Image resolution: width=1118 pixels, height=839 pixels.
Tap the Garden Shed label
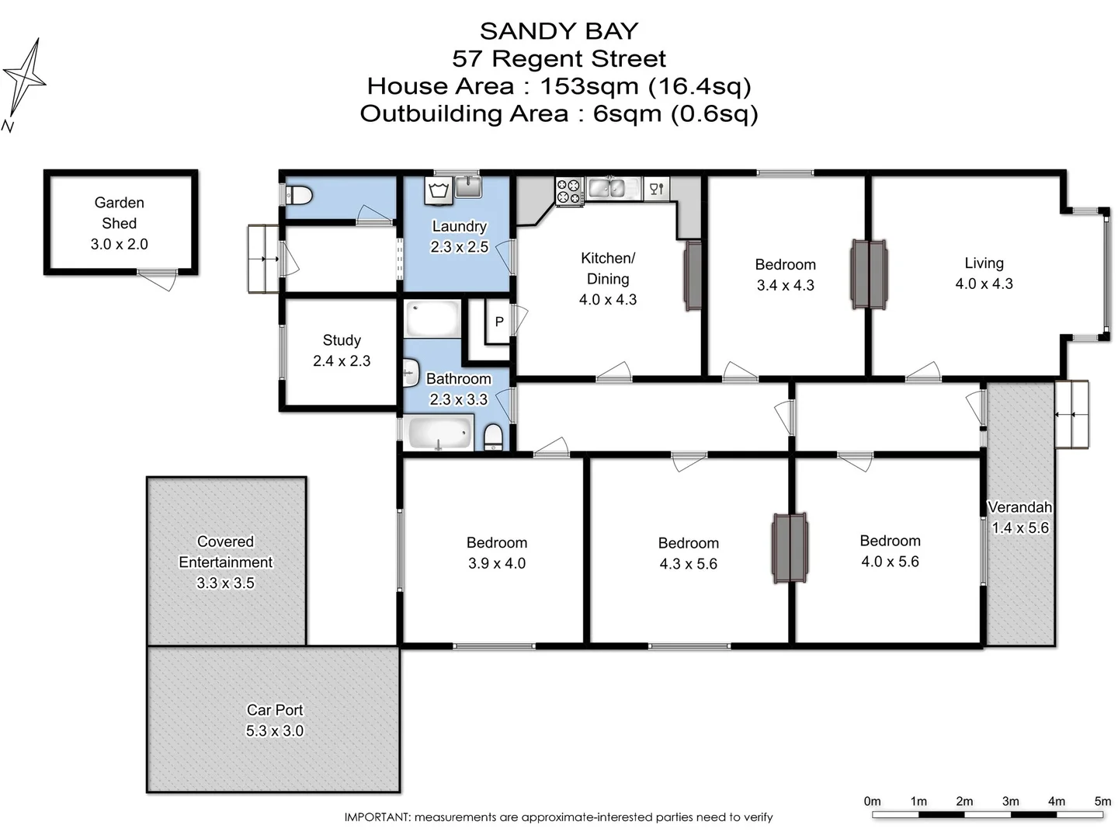[x=119, y=213]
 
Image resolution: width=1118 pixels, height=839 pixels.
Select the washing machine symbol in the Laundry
[x=439, y=190]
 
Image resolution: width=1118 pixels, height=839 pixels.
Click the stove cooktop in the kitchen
[x=568, y=191]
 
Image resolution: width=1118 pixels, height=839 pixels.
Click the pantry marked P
[x=498, y=321]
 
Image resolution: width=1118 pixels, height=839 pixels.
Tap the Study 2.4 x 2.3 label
[x=342, y=350]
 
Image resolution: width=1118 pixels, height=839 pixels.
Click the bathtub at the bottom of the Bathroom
[x=439, y=433]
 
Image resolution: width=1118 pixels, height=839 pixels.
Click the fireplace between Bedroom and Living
[x=868, y=273]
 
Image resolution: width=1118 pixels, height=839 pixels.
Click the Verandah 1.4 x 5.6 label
[x=1019, y=517]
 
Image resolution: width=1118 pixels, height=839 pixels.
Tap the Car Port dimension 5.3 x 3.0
[x=275, y=730]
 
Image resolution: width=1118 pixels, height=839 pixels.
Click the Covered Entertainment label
[x=225, y=552]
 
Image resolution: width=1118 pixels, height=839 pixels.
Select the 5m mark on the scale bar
[x=1102, y=801]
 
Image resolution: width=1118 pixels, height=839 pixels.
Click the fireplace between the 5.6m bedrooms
[x=790, y=547]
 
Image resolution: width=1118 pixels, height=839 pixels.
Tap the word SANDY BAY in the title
[x=558, y=31]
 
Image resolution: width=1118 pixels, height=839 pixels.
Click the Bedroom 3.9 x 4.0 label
[x=496, y=553]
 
